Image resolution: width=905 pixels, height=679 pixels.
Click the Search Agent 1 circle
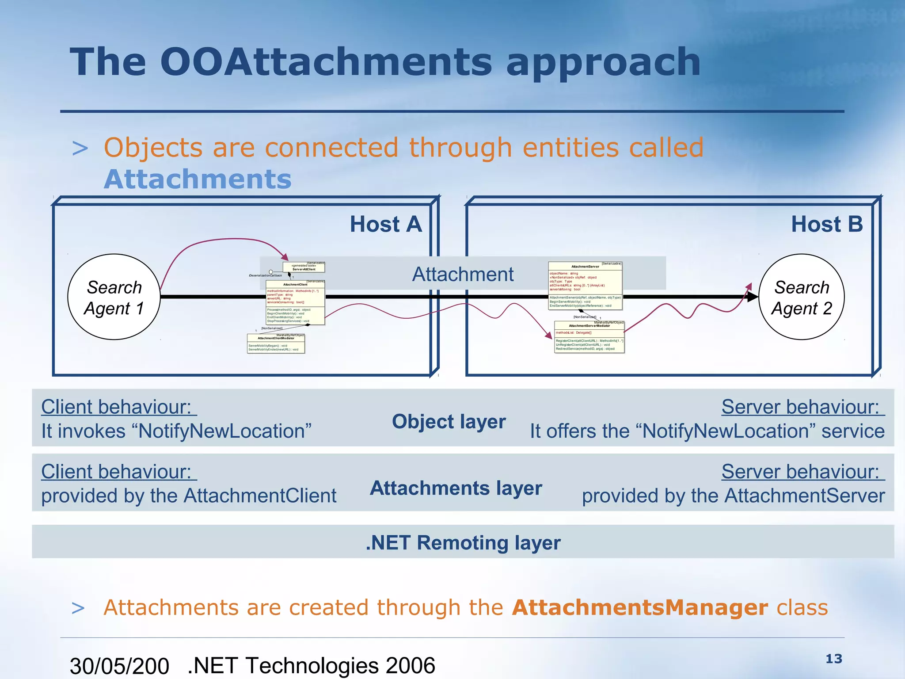114,297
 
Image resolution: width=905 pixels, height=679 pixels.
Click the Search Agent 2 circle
801,297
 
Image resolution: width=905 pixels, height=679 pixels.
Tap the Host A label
386,224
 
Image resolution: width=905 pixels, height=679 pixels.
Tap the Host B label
827,224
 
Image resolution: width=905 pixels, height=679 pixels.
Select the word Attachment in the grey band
463,275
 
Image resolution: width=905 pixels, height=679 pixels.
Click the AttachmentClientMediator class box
276,343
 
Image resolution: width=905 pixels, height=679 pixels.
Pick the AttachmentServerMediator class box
589,337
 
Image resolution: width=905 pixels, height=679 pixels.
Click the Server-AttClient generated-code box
304,267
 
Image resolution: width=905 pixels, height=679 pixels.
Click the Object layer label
449,421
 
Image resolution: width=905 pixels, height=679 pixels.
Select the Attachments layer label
456,488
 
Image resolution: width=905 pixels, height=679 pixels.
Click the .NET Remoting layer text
463,542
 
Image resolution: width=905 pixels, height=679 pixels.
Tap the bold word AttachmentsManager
640,607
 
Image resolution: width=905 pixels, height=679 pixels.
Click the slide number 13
834,659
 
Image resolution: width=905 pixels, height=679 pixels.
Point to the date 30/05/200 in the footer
119,666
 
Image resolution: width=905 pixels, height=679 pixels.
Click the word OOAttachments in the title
326,62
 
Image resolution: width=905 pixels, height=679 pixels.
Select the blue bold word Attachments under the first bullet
198,179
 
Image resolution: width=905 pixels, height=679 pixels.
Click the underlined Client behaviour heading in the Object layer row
119,407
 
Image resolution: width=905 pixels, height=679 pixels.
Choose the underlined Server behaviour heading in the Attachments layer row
802,472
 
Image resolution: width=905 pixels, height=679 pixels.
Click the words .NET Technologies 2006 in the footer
312,666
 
